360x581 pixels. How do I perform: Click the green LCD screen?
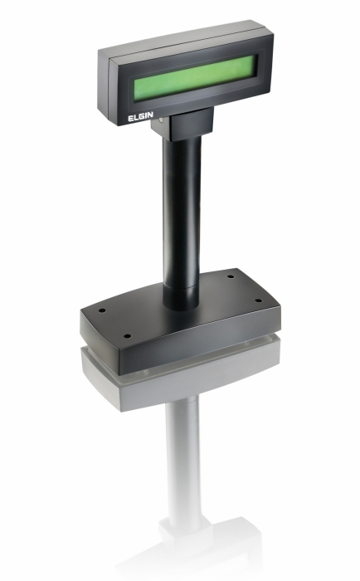(195, 78)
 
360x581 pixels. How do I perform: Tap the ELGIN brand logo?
(140, 116)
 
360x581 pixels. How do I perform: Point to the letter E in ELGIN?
(130, 119)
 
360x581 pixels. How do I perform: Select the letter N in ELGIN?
(150, 115)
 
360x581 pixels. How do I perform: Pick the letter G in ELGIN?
(142, 116)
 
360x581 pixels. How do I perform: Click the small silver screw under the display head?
(160, 120)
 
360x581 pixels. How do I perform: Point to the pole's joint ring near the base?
(182, 287)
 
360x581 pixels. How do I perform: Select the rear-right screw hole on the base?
(231, 276)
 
